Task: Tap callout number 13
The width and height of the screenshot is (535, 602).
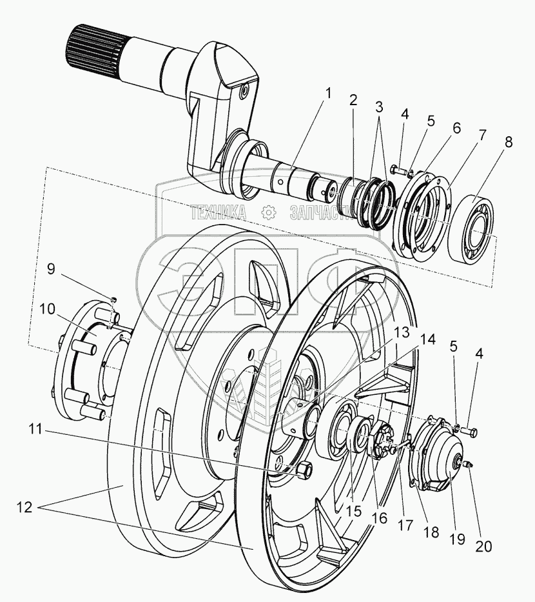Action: [x=402, y=333]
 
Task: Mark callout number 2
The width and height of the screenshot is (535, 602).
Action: [x=353, y=100]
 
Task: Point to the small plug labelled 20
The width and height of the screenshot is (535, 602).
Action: [x=470, y=463]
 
